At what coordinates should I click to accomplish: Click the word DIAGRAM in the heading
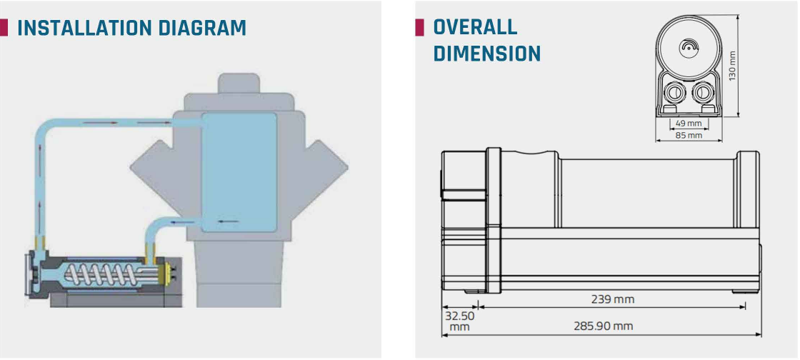pos(202,28)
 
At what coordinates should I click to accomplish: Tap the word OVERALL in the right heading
pos(475,27)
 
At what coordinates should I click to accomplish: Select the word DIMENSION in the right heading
pos(486,53)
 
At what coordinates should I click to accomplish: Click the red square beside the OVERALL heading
pos(419,28)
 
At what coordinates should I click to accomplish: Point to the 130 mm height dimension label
pos(732,66)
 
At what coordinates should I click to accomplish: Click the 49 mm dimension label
pos(689,123)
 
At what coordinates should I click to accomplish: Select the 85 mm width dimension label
pos(689,135)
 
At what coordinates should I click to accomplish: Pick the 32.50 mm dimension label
pos(459,321)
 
